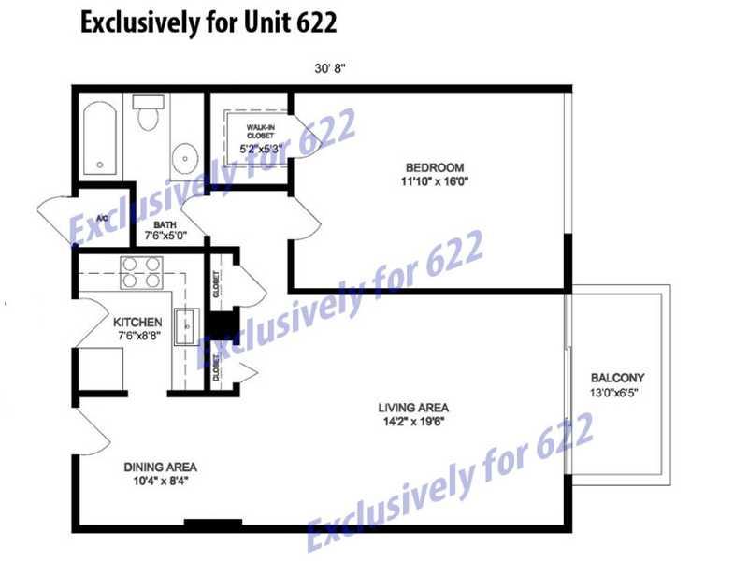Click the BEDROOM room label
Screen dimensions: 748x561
tap(435, 168)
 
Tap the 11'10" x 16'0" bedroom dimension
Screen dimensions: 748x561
tap(435, 181)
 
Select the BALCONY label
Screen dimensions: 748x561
tap(617, 378)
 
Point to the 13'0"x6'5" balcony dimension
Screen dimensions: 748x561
tap(614, 393)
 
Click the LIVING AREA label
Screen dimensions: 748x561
tap(413, 408)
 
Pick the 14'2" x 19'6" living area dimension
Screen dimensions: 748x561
tap(413, 422)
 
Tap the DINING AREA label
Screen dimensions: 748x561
tap(160, 467)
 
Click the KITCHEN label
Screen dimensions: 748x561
tap(137, 322)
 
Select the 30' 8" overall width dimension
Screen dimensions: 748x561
tap(330, 68)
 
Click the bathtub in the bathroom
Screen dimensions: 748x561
tap(100, 138)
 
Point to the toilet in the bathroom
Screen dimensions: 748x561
tap(149, 112)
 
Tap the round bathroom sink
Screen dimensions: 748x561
tap(184, 158)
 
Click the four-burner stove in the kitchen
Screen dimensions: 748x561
tap(142, 273)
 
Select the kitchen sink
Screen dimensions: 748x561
tap(186, 326)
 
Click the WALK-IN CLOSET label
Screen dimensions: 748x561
tap(261, 132)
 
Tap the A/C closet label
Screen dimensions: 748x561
tap(102, 219)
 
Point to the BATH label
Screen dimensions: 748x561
tap(165, 224)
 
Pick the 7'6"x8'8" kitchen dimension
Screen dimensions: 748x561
tap(138, 336)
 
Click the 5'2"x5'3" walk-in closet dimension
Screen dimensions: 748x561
tap(262, 149)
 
